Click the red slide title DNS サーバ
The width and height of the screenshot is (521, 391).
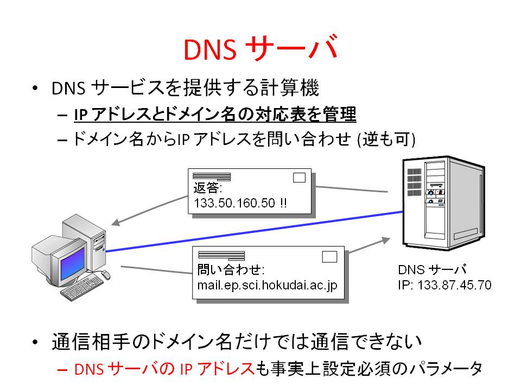260,48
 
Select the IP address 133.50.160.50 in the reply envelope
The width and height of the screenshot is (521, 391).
234,203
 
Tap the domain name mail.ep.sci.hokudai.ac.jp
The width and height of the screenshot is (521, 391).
267,285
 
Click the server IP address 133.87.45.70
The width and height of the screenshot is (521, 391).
454,285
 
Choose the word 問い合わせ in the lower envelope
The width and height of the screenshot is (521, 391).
229,269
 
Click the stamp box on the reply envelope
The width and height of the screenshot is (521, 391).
299,178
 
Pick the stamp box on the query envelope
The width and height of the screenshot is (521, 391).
329,257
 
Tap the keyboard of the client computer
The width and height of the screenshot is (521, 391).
82,288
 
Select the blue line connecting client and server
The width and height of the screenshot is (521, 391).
254,231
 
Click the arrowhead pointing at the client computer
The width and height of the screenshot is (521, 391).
116,223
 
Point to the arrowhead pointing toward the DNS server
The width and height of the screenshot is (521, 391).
385,240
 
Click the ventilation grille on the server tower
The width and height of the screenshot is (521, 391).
414,182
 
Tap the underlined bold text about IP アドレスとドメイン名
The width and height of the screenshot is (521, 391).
215,115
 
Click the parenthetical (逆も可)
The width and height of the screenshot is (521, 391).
386,139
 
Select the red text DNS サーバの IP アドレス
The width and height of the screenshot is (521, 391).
164,369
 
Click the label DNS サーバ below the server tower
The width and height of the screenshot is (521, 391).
433,269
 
